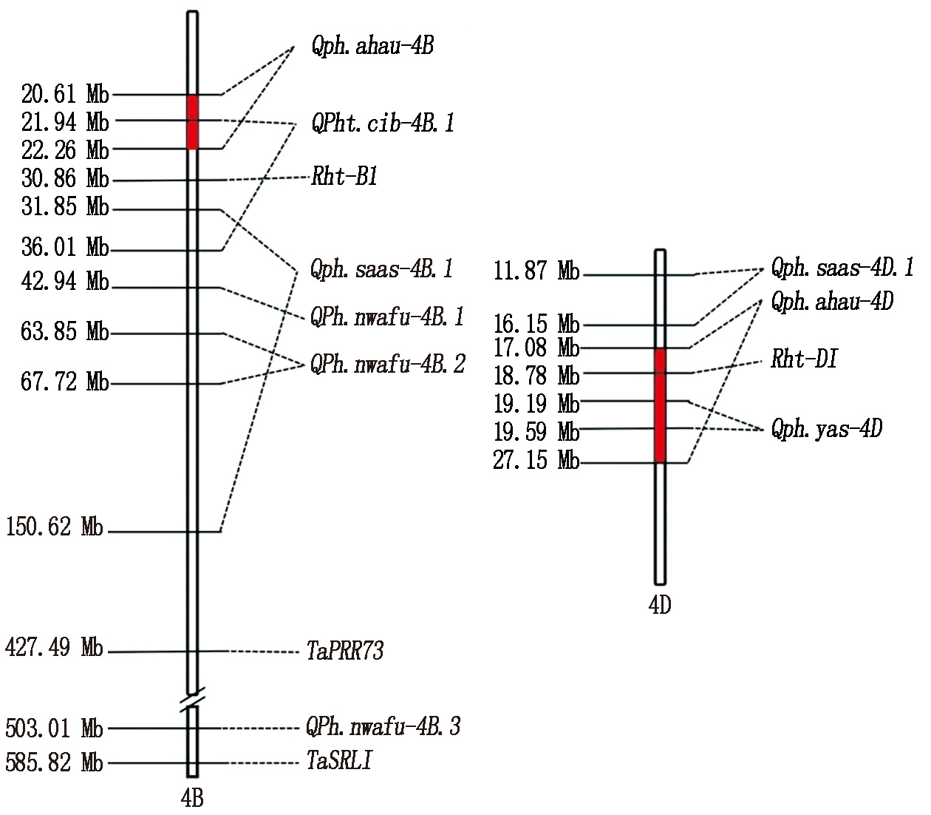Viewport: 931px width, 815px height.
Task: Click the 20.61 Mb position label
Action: [65, 94]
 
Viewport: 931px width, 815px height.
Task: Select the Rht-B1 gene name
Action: [344, 176]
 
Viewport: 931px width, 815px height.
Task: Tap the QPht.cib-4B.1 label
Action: [383, 123]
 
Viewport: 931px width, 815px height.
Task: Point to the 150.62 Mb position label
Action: [54, 527]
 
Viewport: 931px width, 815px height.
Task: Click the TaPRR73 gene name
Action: [345, 650]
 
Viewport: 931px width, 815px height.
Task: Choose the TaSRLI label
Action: [339, 760]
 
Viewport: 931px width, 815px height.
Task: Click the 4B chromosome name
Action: [192, 797]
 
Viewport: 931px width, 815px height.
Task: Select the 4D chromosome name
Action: [660, 605]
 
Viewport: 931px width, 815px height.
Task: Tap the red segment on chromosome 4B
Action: [193, 122]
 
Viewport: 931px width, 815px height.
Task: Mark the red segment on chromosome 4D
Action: [661, 406]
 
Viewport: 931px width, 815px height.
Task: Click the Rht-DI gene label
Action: [804, 359]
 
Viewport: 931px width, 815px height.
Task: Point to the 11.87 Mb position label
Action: [536, 271]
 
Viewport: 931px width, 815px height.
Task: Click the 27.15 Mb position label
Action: [536, 460]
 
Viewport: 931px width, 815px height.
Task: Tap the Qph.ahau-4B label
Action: [372, 46]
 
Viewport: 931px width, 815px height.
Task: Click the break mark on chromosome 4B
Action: [192, 700]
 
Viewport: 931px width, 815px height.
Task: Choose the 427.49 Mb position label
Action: [54, 647]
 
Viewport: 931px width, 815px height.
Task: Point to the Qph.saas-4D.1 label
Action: [842, 268]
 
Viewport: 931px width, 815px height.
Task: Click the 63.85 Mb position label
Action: [65, 331]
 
